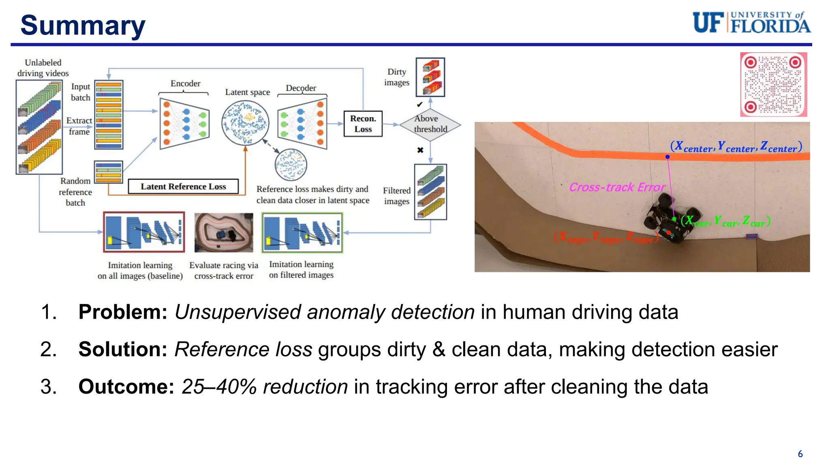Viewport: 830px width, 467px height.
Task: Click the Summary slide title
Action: tap(83, 25)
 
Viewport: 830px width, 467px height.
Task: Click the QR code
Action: tap(773, 84)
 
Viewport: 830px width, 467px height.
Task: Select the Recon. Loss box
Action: tap(363, 124)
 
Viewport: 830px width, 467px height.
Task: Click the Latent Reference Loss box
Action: tap(183, 186)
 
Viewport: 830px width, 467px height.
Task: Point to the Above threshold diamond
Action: tap(430, 124)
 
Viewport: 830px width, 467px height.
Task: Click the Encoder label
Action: tap(185, 84)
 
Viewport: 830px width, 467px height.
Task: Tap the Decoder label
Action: tap(301, 88)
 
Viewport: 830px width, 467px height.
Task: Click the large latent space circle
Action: tap(245, 123)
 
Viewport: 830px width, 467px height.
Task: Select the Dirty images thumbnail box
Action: tap(430, 77)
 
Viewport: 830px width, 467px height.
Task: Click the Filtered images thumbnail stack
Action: tap(430, 192)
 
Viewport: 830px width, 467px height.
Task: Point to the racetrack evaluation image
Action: tap(224, 233)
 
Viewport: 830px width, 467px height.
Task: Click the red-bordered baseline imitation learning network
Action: tap(144, 232)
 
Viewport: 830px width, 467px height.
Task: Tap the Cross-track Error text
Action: tap(617, 187)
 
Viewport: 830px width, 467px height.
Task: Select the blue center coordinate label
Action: tap(736, 147)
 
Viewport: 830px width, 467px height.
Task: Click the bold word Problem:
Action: tap(123, 312)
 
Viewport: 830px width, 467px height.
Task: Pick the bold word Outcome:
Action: tap(126, 387)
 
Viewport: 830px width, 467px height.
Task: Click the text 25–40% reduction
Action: tap(264, 387)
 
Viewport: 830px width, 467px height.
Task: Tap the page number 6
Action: tap(800, 454)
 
